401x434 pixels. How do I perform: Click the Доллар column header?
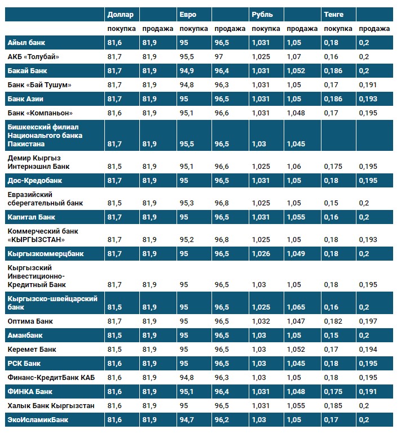click(x=120, y=14)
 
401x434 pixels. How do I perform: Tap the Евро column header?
click(x=188, y=14)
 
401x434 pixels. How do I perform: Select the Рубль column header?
click(x=263, y=14)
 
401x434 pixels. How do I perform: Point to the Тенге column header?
click(x=334, y=14)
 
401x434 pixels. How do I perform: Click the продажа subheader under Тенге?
click(x=374, y=29)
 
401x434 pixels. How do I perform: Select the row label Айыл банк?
click(x=27, y=42)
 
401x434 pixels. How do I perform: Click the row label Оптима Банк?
click(x=30, y=321)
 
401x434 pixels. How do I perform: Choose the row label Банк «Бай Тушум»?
click(x=39, y=84)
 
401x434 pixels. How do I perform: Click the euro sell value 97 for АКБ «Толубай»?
click(x=219, y=56)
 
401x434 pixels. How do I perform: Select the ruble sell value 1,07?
click(x=294, y=56)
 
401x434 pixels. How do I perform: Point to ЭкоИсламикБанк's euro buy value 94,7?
click(x=187, y=419)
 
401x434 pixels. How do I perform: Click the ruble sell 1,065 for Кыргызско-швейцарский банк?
click(x=296, y=307)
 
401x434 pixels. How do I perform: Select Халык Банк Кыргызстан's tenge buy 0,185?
click(x=333, y=405)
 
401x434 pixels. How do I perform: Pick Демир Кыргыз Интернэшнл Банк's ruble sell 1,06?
click(x=294, y=167)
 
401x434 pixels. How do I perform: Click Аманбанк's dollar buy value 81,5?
click(x=114, y=335)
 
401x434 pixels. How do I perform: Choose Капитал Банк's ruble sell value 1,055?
click(x=296, y=217)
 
